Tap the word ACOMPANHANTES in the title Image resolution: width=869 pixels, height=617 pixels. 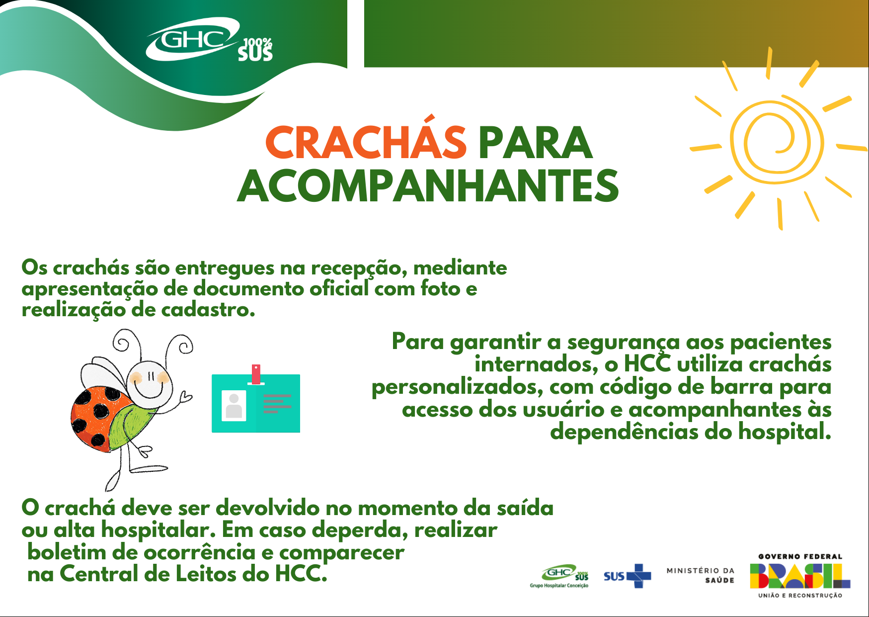tap(428, 186)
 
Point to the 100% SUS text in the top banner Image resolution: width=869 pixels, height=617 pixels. tap(255, 49)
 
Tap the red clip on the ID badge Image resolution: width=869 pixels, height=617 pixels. tap(256, 374)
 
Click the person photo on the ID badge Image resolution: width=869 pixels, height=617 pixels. tap(234, 406)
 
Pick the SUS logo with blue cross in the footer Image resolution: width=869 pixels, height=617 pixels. tap(627, 576)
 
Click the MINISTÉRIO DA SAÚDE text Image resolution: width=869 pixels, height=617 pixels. tap(701, 575)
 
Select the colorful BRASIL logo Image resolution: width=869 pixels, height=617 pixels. tap(800, 576)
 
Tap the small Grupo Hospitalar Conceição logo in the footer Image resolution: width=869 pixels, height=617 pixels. tap(559, 576)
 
